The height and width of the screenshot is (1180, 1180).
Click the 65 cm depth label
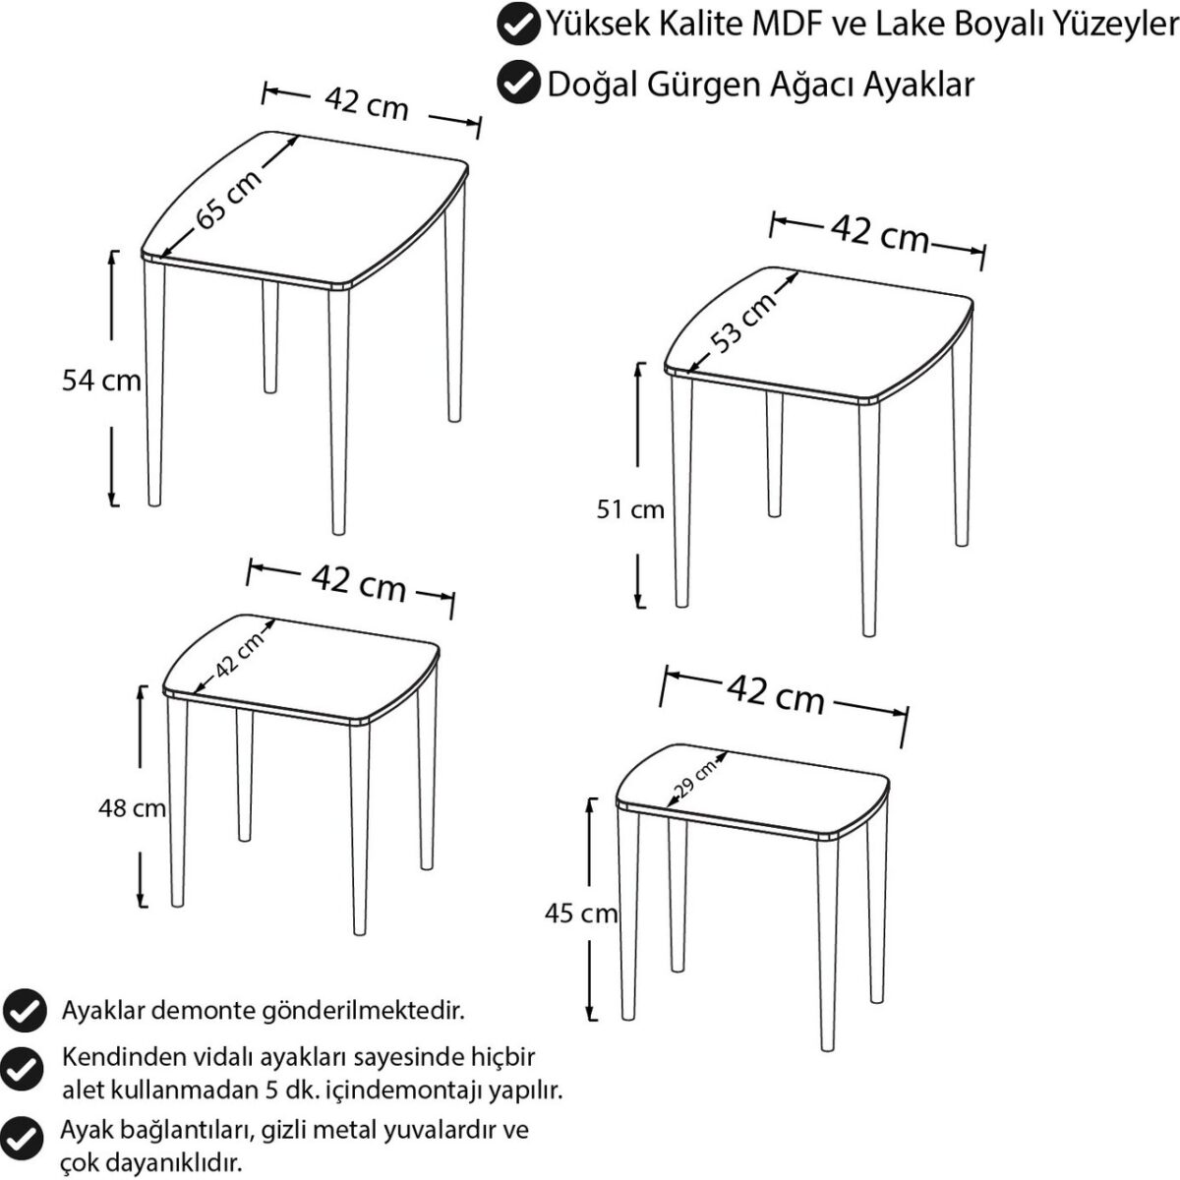click(x=229, y=199)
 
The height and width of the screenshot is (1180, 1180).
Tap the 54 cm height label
click(x=101, y=381)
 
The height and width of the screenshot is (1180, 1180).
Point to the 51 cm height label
click(x=630, y=509)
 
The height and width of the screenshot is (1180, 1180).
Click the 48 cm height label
click(x=132, y=808)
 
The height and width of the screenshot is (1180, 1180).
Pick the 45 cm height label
click(x=580, y=914)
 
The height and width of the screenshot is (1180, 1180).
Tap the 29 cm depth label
click(x=694, y=782)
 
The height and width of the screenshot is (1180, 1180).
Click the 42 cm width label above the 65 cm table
click(x=366, y=104)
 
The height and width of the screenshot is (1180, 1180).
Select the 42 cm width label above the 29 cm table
click(x=776, y=694)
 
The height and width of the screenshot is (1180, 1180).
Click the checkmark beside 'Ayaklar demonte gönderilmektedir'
click(x=25, y=1011)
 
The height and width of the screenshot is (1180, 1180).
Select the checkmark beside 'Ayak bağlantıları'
click(x=22, y=1136)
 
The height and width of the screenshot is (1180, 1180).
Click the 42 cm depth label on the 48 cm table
click(x=239, y=654)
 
